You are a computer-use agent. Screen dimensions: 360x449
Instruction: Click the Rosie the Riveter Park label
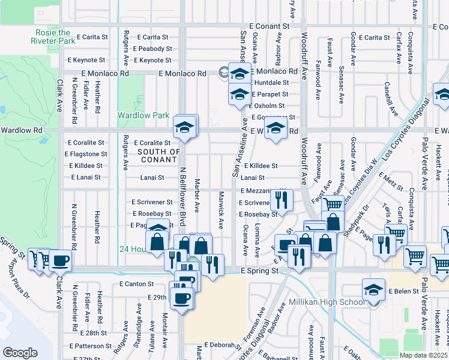pos(53,37)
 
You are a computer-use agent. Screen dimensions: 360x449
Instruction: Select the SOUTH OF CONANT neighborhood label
pos(158,155)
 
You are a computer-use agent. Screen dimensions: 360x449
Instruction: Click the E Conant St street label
pos(269,26)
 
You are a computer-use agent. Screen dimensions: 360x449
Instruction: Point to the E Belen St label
pos(406,291)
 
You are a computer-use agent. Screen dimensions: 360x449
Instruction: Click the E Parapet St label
pos(270,94)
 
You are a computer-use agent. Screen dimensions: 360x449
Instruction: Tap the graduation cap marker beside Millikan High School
pos(373,290)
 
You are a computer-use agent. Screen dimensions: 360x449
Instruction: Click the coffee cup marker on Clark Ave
pos(61,261)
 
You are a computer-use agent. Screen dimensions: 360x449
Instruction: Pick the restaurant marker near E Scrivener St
pos(281,199)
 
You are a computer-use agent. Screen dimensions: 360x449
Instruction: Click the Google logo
pos(20,353)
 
